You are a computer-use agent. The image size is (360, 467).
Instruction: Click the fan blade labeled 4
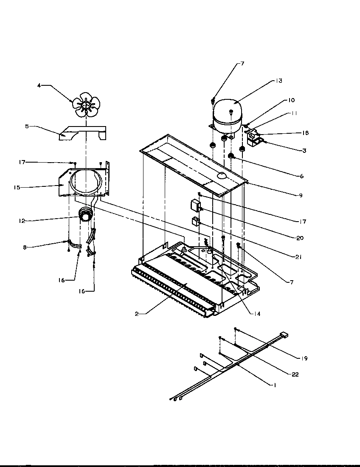[86, 105]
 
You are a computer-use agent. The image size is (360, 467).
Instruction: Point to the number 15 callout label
[17, 187]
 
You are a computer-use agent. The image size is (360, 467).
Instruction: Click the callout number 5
[27, 127]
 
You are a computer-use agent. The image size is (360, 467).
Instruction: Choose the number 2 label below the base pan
[137, 314]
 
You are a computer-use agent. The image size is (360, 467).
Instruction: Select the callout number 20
[300, 238]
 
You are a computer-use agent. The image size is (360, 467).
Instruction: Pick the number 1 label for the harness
[275, 385]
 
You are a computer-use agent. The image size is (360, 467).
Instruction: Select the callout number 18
[305, 133]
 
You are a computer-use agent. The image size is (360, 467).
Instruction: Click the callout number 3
[304, 151]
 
